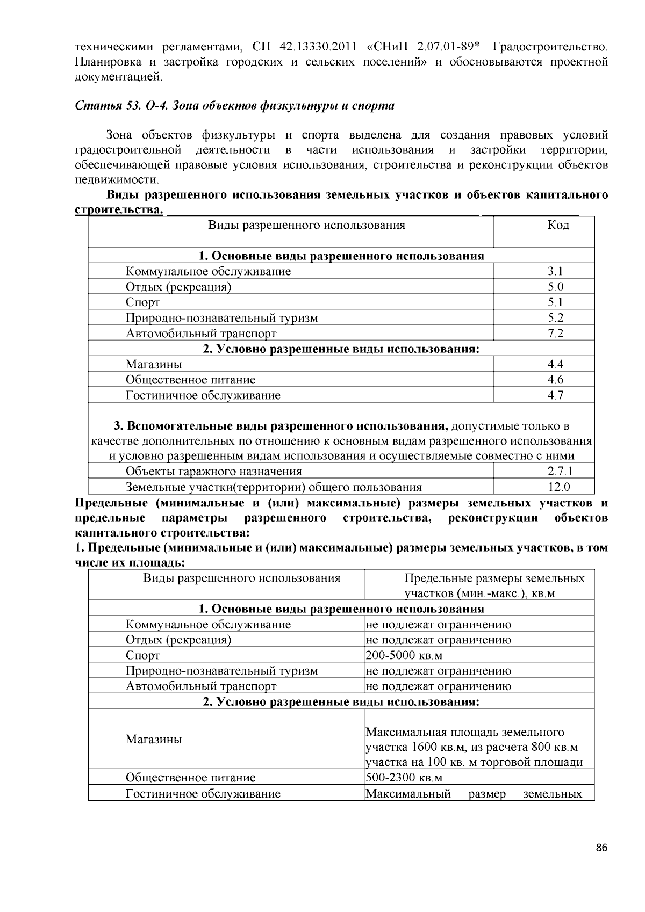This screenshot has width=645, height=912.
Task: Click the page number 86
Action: click(x=601, y=848)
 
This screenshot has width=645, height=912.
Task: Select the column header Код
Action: click(x=558, y=225)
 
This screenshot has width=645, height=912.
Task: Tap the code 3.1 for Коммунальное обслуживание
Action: click(x=555, y=271)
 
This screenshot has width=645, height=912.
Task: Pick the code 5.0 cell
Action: click(x=555, y=287)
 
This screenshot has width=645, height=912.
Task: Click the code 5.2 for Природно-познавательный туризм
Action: click(x=555, y=318)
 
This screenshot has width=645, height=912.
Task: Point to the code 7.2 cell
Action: click(x=555, y=334)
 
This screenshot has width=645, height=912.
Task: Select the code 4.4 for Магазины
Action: click(x=555, y=365)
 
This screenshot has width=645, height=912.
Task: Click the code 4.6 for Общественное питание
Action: click(x=555, y=380)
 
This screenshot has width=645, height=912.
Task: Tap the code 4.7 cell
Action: click(x=555, y=396)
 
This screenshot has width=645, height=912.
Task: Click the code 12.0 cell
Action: click(x=558, y=487)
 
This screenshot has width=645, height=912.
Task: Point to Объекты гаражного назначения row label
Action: click(x=213, y=472)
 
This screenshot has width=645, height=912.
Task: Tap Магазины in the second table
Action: click(x=154, y=740)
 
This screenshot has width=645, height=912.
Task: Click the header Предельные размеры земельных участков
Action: click(x=494, y=586)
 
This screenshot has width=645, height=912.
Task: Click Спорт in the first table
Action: click(x=142, y=302)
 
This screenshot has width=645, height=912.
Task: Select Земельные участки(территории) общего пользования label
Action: click(x=273, y=487)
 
